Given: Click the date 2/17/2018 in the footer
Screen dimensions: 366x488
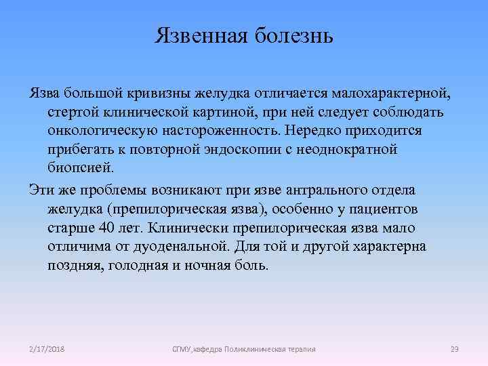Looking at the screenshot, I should (x=47, y=349).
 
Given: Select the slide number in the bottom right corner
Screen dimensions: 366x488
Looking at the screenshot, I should (x=454, y=349).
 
